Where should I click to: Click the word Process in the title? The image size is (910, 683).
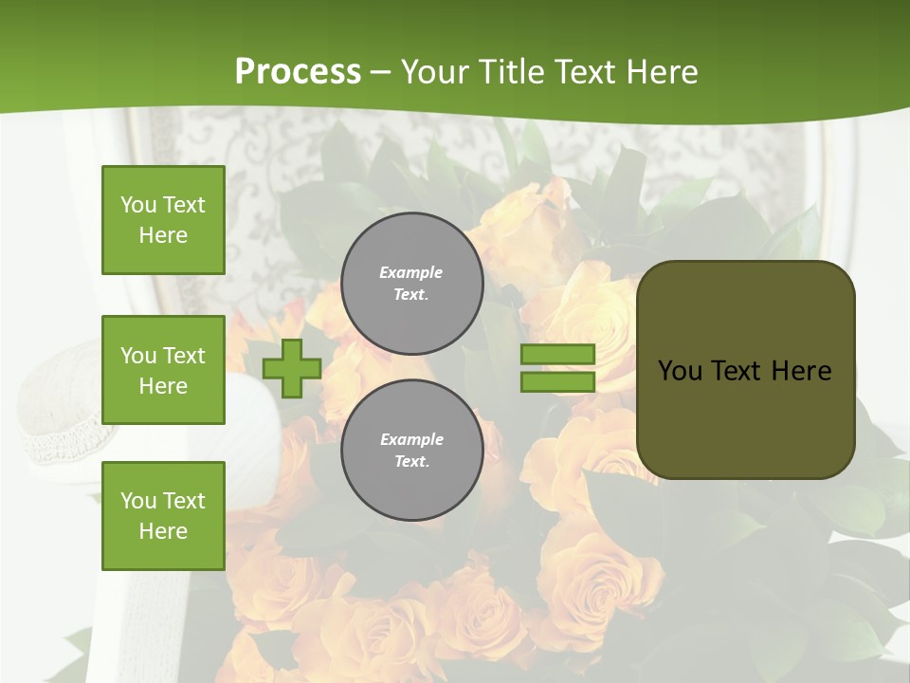click(298, 72)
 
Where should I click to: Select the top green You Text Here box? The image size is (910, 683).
click(163, 220)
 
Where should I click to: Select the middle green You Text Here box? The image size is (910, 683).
click(163, 370)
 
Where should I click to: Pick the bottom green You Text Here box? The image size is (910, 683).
click(163, 516)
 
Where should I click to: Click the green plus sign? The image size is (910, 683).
click(292, 369)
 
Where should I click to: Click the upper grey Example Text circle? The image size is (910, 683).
click(412, 284)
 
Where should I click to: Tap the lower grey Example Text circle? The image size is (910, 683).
click(412, 451)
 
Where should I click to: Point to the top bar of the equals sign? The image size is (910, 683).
click(557, 355)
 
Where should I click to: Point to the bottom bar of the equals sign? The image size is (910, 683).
click(557, 382)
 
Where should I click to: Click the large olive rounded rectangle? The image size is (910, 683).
click(746, 417)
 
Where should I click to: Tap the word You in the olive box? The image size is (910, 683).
click(681, 371)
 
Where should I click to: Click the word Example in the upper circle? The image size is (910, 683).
click(411, 272)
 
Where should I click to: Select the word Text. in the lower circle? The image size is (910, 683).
click(411, 462)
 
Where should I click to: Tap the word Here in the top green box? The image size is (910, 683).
click(163, 235)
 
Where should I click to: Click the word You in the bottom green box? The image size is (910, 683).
click(138, 501)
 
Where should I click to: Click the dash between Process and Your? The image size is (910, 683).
click(381, 72)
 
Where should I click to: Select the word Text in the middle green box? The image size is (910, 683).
click(184, 356)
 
